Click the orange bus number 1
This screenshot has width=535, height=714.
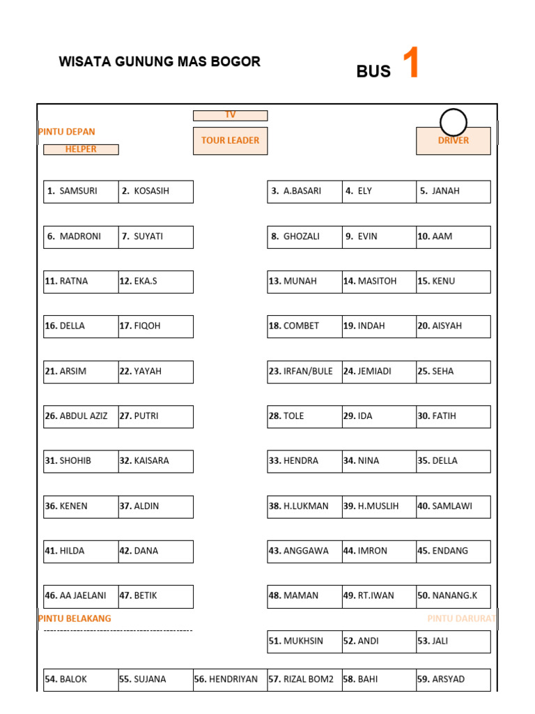click(411, 63)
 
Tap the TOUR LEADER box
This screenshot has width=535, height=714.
click(230, 141)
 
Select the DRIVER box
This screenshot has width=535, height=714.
click(453, 141)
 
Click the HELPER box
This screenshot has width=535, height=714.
click(81, 149)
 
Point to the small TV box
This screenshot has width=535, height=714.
click(230, 115)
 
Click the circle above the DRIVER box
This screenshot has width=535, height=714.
click(453, 123)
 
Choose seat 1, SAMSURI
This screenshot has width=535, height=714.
click(81, 191)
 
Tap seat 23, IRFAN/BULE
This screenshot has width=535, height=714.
click(304, 372)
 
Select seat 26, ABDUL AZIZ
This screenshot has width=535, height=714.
click(81, 416)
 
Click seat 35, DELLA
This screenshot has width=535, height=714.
click(453, 461)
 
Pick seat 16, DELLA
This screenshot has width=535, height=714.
click(81, 326)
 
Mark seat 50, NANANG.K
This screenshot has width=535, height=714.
click(453, 596)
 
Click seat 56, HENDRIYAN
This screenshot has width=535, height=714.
click(230, 679)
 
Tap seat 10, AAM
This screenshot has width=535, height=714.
click(453, 236)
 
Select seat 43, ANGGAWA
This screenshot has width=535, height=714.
click(304, 551)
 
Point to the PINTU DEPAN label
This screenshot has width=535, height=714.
click(67, 132)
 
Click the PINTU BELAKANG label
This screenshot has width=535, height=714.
click(75, 618)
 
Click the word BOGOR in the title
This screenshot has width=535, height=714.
click(238, 61)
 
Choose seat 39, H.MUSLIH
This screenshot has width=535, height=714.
click(379, 506)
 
